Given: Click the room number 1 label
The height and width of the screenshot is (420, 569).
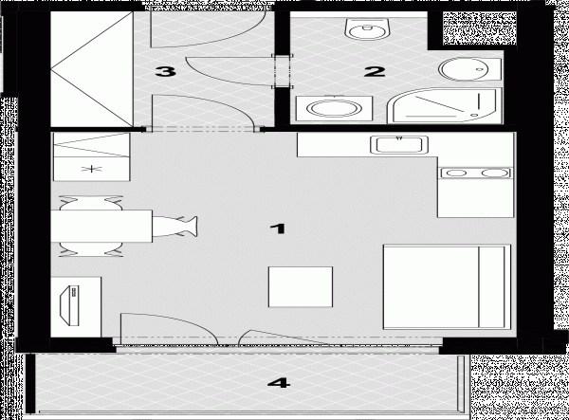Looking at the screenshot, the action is coord(278,228).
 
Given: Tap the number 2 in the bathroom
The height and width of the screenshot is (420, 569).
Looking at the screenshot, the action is coord(375,71).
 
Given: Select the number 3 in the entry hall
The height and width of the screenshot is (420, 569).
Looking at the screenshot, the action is coord(166,71).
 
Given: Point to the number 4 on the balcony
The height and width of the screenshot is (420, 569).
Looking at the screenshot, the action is coord(279,383).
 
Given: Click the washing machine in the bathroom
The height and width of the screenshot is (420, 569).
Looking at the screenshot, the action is coord(334,108).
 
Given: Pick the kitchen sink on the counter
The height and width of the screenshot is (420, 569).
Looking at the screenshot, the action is coord(399,145).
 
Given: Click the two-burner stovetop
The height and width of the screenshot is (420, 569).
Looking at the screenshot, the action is coord(475,173).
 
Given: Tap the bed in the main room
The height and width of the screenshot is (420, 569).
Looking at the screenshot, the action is coord(447,286).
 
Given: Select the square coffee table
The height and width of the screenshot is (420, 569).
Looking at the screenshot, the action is coord(301,287).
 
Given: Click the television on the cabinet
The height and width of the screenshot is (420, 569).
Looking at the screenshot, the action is coord(70,305).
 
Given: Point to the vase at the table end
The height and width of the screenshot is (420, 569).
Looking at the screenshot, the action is coord(174,227).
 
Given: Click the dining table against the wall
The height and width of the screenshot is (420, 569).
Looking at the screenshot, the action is coord(101,226).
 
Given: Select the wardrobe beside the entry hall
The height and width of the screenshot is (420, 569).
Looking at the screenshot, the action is coord(92,69).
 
